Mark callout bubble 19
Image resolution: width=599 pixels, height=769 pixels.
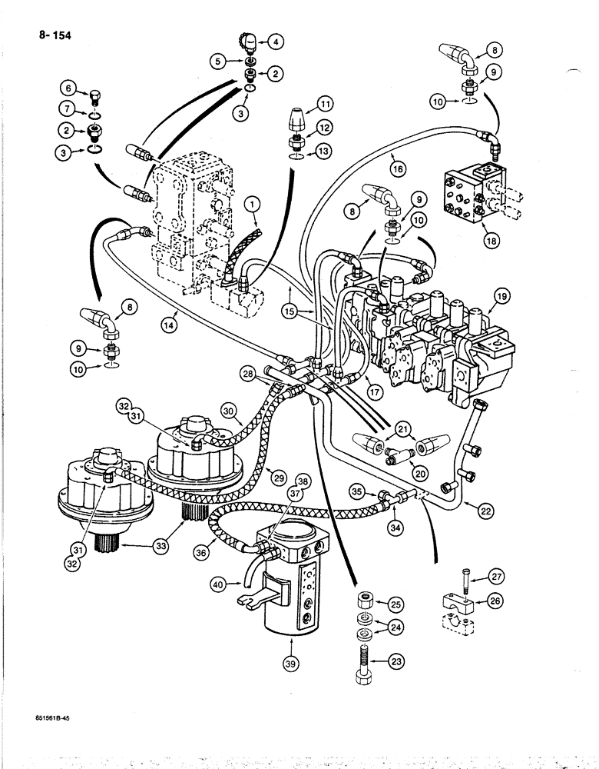pyautogui.click(x=501, y=295)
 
